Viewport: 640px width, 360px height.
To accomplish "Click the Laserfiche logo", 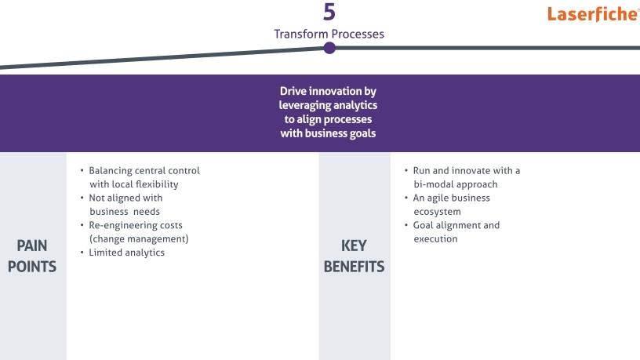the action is pyautogui.click(x=593, y=14).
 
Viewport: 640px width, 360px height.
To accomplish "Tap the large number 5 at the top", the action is pyautogui.click(x=329, y=12).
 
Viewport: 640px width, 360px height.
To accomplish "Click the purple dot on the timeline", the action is pyautogui.click(x=329, y=48).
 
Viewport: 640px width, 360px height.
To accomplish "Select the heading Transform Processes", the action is pyautogui.click(x=329, y=34).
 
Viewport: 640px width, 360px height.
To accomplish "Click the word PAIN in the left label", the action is pyautogui.click(x=32, y=245).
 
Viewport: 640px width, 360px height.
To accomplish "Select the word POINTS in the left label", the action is pyautogui.click(x=32, y=267).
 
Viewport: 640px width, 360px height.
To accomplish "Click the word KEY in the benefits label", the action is pyautogui.click(x=354, y=245).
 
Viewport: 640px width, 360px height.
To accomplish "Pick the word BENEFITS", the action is pyautogui.click(x=354, y=267).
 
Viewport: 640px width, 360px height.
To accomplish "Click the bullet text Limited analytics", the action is pyautogui.click(x=126, y=253).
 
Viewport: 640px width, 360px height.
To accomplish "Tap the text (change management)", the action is pyautogui.click(x=139, y=238).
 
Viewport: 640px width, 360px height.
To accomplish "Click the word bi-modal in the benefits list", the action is pyautogui.click(x=432, y=184).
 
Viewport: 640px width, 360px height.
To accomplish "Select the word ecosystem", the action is pyautogui.click(x=437, y=212).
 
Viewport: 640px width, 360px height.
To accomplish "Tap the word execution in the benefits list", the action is pyautogui.click(x=435, y=238).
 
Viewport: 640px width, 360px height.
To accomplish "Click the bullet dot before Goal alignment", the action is pyautogui.click(x=406, y=225).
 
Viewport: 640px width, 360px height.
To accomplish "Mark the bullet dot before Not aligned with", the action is pyautogui.click(x=82, y=198).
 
